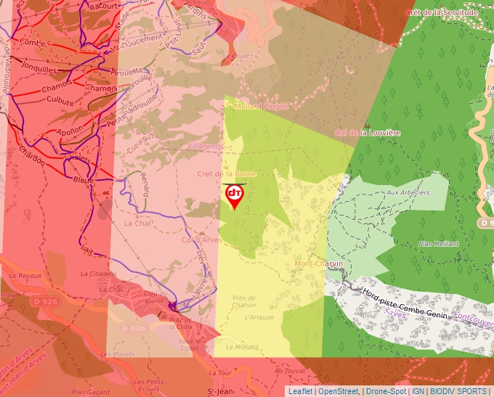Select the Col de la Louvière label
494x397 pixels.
[368, 133]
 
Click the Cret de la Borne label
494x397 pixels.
[227, 174]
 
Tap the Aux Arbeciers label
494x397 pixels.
[408, 192]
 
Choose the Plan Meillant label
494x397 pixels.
[439, 244]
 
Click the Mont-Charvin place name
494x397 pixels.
[319, 263]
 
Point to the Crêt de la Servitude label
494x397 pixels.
[442, 12]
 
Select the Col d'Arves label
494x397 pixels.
[202, 240]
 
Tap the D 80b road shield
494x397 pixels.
[134, 328]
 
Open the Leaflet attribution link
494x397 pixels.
[300, 391]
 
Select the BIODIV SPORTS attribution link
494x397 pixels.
[457, 391]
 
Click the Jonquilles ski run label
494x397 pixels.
[39, 70]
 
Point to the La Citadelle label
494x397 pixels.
[98, 274]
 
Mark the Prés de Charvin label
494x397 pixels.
[244, 302]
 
